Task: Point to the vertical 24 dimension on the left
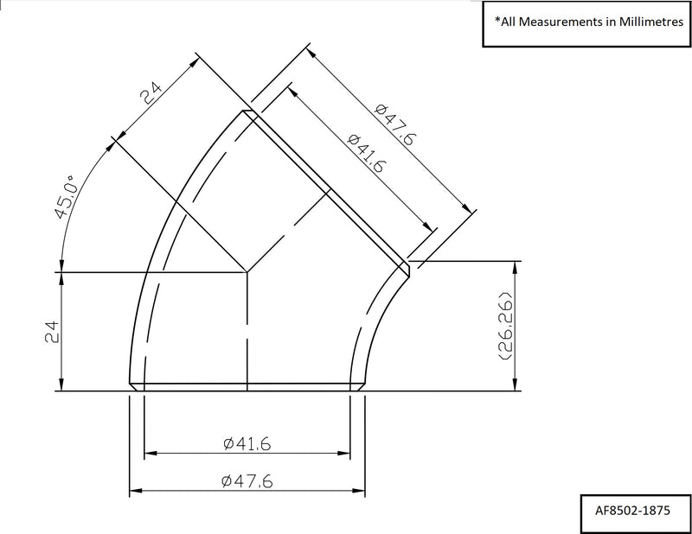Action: pos(49,332)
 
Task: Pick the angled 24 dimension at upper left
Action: pos(151,93)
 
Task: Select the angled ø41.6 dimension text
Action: pos(364,154)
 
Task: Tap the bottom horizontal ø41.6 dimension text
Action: pos(247,444)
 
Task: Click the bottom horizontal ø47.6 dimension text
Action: pos(247,482)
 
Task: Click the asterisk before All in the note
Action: pos(497,19)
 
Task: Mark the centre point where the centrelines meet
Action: pos(247,273)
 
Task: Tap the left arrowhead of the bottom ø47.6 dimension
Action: pos(134,493)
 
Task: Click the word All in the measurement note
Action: pos(510,21)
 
